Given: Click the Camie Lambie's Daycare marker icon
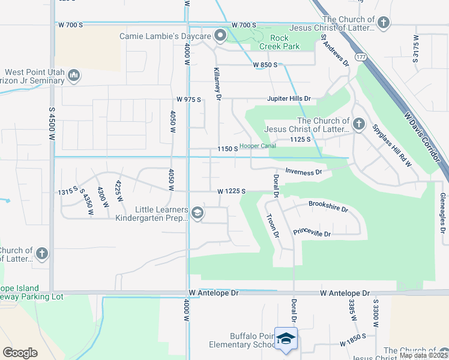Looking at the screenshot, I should (x=220, y=37).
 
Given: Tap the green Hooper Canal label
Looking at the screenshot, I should (x=258, y=146).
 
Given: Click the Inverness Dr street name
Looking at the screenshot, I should (x=304, y=172).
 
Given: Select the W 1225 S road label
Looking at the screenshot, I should (x=232, y=191).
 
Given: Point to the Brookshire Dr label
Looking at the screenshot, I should (x=328, y=207).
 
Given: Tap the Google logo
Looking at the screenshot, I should (x=20, y=353).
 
